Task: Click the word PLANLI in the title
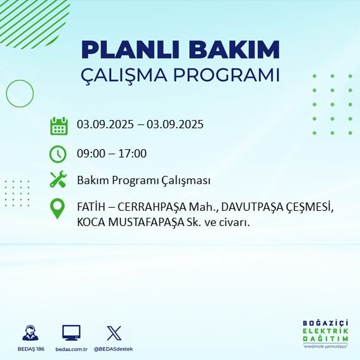pyautogui.click(x=130, y=50)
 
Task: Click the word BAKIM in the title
pyautogui.click(x=234, y=50)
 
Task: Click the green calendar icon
pyautogui.click(x=59, y=126)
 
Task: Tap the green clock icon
pyautogui.click(x=58, y=154)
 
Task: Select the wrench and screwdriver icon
pyautogui.click(x=58, y=179)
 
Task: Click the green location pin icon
pyautogui.click(x=57, y=208)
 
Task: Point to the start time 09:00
pyautogui.click(x=91, y=154)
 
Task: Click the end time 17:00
pyautogui.click(x=133, y=154)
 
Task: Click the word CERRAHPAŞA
pyautogui.click(x=152, y=208)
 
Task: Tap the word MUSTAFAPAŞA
pyautogui.click(x=146, y=222)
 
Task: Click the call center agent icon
pyautogui.click(x=30, y=333)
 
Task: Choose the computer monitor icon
pyautogui.click(x=71, y=333)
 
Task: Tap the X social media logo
pyautogui.click(x=114, y=333)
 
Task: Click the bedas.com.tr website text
pyautogui.click(x=71, y=349)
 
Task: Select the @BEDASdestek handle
pyautogui.click(x=114, y=349)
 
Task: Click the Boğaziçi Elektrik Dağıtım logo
pyautogui.click(x=326, y=333)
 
